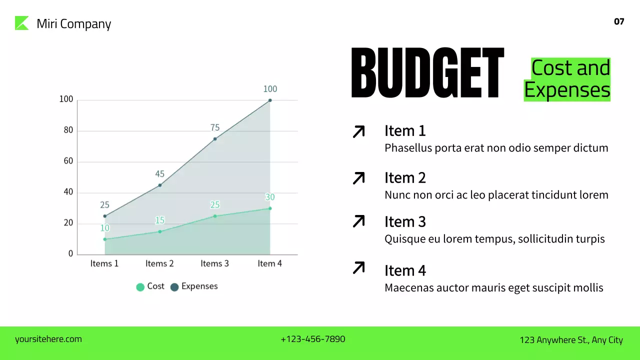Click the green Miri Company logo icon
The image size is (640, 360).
pyautogui.click(x=22, y=23)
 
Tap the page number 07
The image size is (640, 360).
pyautogui.click(x=619, y=21)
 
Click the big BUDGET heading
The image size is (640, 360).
pyautogui.click(x=427, y=73)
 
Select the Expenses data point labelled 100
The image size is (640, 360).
pyautogui.click(x=270, y=100)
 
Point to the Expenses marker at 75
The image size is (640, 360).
pyautogui.click(x=215, y=138)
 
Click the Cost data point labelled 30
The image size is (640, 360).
pyautogui.click(x=270, y=208)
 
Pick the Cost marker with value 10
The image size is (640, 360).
pyautogui.click(x=104, y=239)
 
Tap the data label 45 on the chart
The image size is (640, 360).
pyautogui.click(x=159, y=174)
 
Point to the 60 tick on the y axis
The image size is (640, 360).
pyautogui.click(x=68, y=161)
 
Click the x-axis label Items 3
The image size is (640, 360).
pyautogui.click(x=214, y=263)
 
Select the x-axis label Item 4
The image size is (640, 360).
pyautogui.click(x=269, y=263)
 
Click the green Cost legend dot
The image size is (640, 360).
pyautogui.click(x=140, y=287)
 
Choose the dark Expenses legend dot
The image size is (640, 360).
pyautogui.click(x=174, y=287)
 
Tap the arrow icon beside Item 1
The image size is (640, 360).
pyautogui.click(x=359, y=131)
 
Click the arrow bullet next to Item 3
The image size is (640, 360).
pyautogui.click(x=359, y=221)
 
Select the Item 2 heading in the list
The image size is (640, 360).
pyautogui.click(x=405, y=178)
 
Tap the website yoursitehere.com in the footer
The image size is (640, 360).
pyautogui.click(x=48, y=339)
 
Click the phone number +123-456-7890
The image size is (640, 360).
pyautogui.click(x=313, y=339)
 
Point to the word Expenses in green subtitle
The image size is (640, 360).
pyautogui.click(x=567, y=90)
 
